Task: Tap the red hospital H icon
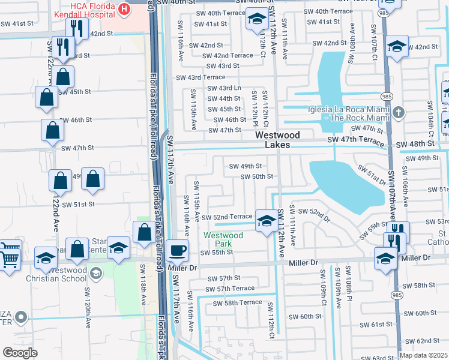click(x=124, y=8)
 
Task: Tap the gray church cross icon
click(x=398, y=112)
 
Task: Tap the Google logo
click(x=20, y=352)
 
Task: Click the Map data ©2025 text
click(x=423, y=355)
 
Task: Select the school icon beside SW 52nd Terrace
click(x=265, y=220)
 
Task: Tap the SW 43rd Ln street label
click(x=224, y=88)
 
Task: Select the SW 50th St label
click(x=257, y=176)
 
